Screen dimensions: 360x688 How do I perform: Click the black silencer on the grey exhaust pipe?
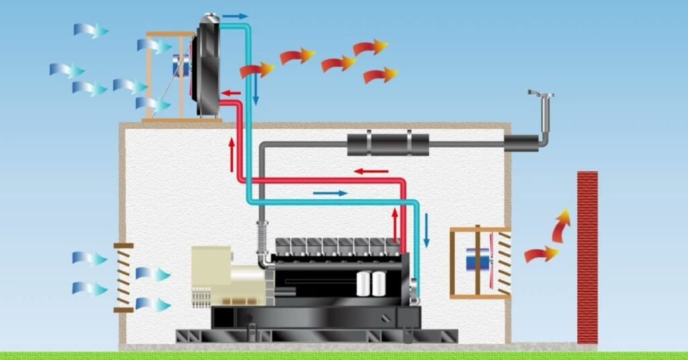pyautogui.click(x=388, y=143)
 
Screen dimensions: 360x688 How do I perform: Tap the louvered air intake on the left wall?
pyautogui.click(x=123, y=277)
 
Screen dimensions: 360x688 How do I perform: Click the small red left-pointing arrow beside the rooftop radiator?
pyautogui.click(x=232, y=93)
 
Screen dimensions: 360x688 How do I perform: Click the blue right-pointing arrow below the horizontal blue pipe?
pyautogui.click(x=331, y=193)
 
